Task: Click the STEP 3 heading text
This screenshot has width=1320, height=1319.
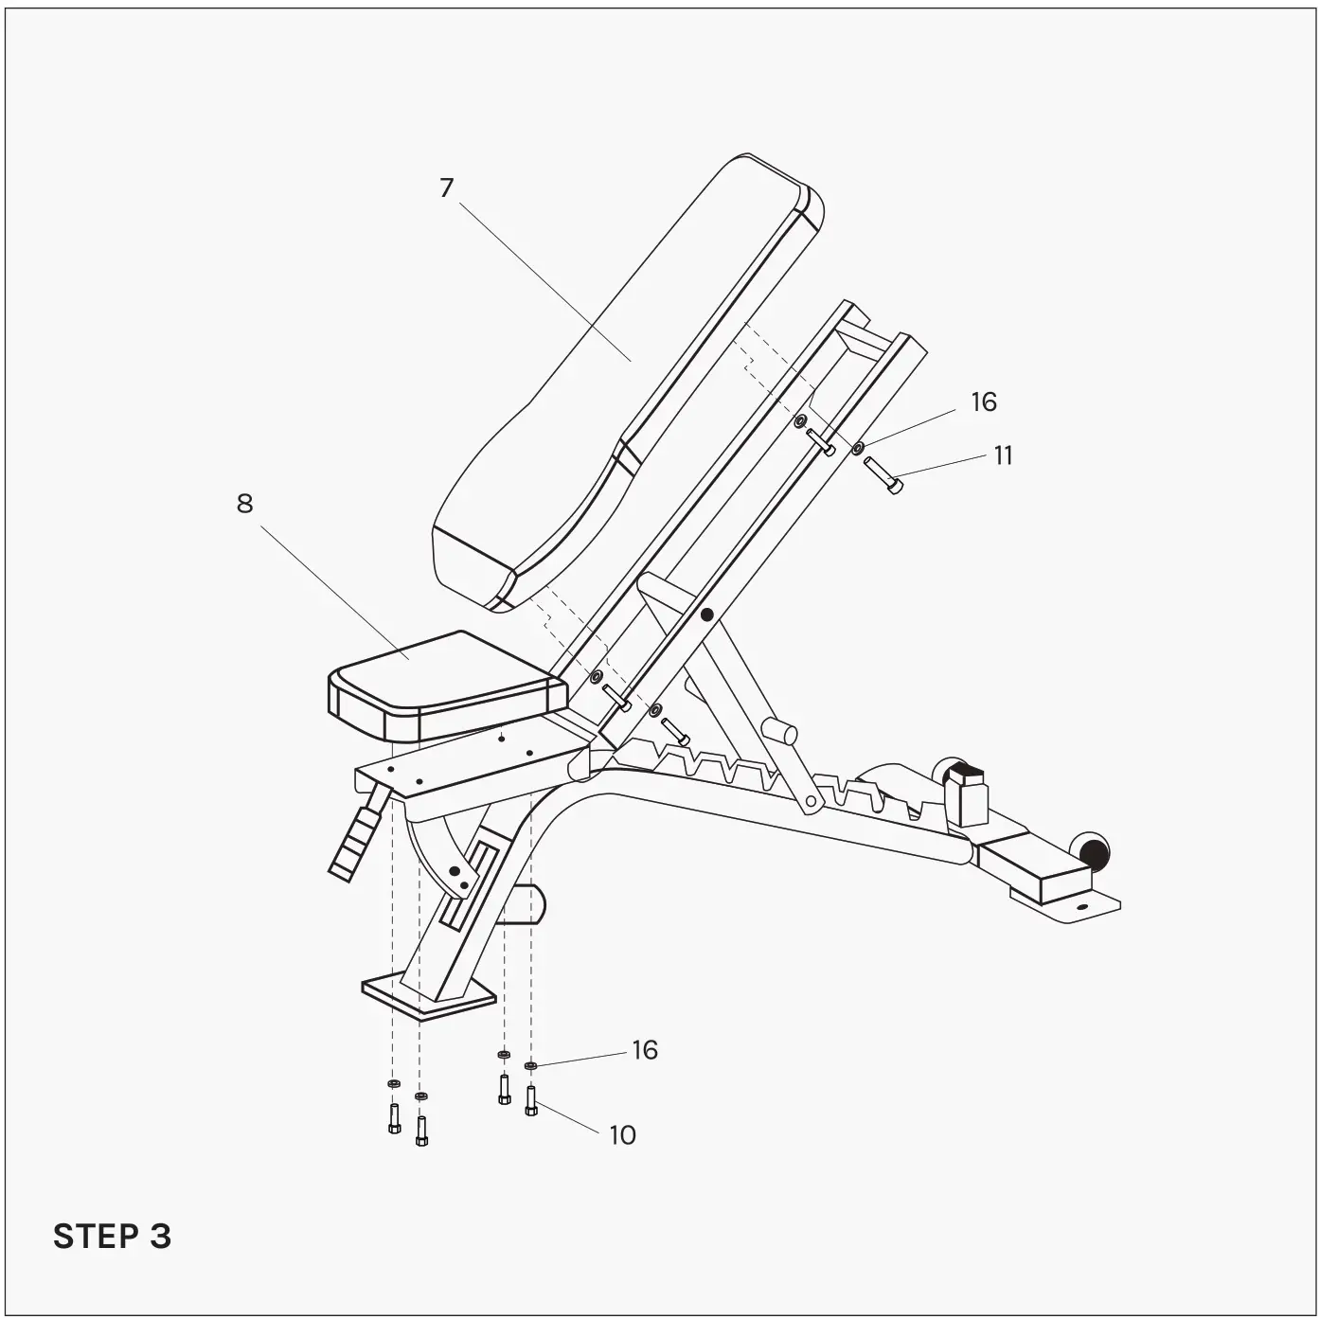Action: pos(112,1237)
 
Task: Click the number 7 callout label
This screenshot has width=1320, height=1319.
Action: pos(447,188)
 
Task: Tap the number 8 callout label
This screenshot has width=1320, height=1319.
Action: pos(245,504)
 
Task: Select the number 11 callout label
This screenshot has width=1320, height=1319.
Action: pos(1003,456)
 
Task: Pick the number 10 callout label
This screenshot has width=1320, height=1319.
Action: pos(622,1135)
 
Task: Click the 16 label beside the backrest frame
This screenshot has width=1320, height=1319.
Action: pos(984,402)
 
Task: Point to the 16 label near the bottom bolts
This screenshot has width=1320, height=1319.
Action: pos(645,1050)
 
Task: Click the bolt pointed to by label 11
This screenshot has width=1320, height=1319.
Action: pos(883,474)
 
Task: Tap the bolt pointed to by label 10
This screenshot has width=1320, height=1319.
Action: pos(530,1100)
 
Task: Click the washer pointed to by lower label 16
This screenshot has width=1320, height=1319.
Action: pos(530,1066)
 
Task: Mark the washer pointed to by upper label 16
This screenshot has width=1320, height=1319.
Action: pos(858,448)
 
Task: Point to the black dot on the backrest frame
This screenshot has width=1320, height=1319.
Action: pos(706,615)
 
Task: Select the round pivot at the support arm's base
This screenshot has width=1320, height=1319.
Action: pos(811,803)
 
